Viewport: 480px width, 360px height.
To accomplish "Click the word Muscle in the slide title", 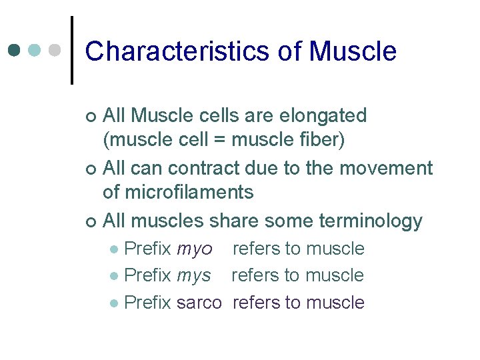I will [353, 51].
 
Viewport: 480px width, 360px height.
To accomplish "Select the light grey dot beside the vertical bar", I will [55, 51].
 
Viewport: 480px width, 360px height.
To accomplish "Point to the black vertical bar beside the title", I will [71, 51].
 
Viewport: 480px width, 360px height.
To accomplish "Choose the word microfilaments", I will [178, 193].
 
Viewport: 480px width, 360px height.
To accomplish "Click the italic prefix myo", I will [195, 249].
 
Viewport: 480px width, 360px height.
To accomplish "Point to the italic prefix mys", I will [194, 275].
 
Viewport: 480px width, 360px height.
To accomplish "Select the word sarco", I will [199, 303].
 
